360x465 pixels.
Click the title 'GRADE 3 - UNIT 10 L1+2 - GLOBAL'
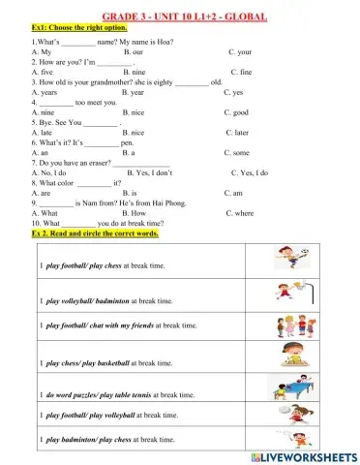pos(179,17)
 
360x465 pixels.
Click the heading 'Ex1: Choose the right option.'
pos(78,29)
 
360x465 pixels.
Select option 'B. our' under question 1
pos(135,51)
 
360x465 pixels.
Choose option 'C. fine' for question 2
pos(241,72)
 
